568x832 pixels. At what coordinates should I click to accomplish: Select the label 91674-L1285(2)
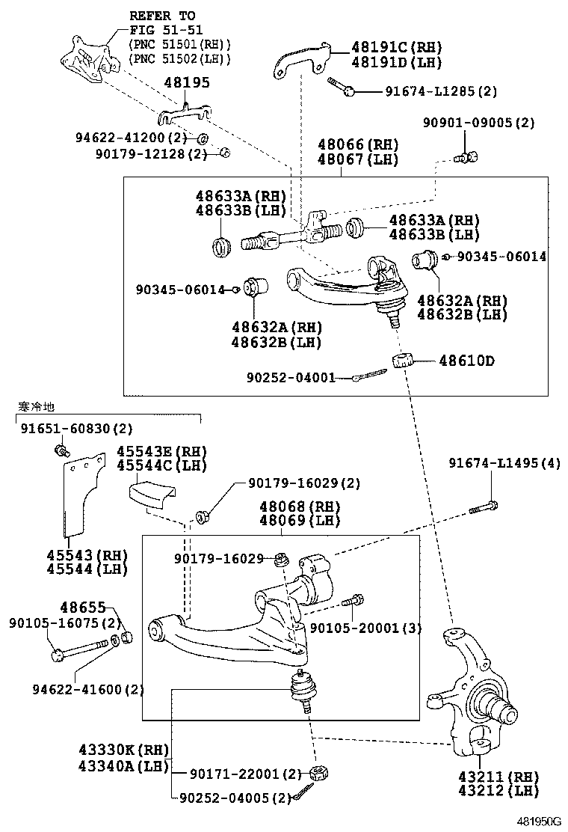tap(441, 91)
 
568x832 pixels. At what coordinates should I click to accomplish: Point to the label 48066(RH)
tap(357, 144)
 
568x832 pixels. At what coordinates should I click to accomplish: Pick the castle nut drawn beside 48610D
tap(403, 359)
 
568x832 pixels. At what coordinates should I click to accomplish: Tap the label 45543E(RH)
tap(161, 452)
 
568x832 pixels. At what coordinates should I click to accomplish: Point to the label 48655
tap(83, 607)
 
